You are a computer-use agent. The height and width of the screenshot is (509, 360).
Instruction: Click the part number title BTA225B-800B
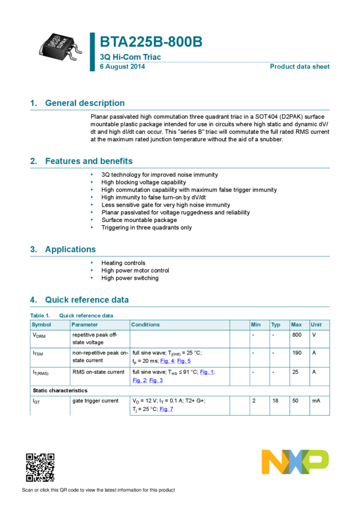click(x=151, y=42)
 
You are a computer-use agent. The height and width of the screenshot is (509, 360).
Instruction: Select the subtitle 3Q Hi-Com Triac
click(x=130, y=57)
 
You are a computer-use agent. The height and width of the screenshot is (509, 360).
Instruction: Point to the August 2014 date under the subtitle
click(x=122, y=66)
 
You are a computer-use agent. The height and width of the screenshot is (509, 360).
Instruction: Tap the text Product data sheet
click(x=300, y=66)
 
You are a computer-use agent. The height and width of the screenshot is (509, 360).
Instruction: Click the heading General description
click(x=84, y=103)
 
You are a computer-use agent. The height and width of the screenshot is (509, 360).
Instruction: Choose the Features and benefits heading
click(x=89, y=161)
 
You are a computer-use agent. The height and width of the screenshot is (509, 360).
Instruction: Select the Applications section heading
click(x=70, y=249)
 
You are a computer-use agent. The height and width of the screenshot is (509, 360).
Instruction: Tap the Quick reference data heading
click(x=86, y=299)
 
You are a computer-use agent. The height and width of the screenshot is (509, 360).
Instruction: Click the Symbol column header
click(x=41, y=325)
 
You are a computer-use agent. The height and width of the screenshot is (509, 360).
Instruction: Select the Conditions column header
click(x=146, y=325)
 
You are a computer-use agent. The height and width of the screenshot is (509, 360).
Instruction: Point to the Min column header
click(x=256, y=325)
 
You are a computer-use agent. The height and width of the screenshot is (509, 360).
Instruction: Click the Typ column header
click(x=276, y=325)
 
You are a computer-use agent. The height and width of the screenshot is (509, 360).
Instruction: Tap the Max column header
click(x=296, y=325)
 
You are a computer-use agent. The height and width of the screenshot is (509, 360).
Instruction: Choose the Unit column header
click(x=316, y=325)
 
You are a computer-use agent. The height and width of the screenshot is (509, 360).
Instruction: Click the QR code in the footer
click(x=40, y=467)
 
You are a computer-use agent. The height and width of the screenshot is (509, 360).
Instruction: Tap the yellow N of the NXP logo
click(x=273, y=462)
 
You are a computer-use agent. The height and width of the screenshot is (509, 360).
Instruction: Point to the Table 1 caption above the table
click(x=71, y=315)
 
